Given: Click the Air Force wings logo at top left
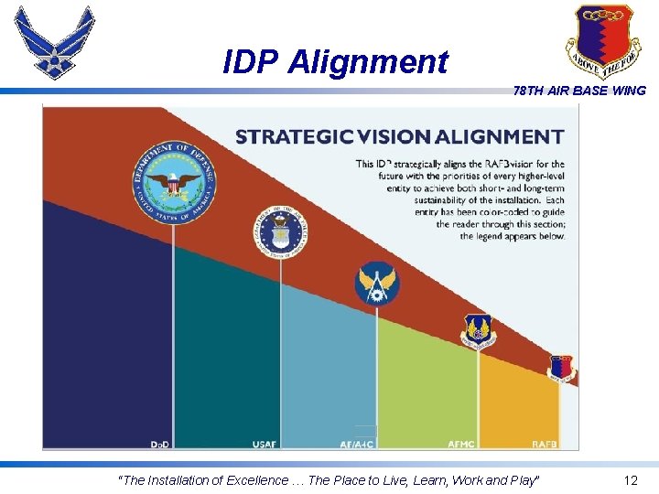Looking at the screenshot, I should [55, 42].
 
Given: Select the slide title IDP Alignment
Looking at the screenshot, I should [336, 62].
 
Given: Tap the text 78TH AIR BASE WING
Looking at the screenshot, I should [579, 91].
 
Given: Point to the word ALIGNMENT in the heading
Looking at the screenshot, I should [501, 137].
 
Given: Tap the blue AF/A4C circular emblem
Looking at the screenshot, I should [377, 284].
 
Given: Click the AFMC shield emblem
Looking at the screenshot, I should [477, 330].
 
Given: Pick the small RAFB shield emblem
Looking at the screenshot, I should [561, 368].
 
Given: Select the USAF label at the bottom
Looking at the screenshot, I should [264, 444].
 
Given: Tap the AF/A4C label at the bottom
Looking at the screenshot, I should [357, 444].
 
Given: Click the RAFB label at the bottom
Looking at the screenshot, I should [544, 444].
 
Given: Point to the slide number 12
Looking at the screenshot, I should [631, 480].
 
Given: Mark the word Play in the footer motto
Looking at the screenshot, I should [522, 480].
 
